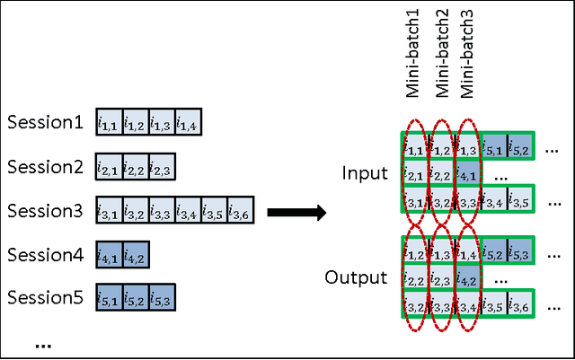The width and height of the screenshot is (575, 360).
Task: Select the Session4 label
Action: click(x=45, y=254)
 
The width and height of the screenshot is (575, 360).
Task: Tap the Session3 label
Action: click(x=45, y=211)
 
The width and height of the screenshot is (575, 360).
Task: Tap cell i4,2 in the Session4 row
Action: click(x=135, y=255)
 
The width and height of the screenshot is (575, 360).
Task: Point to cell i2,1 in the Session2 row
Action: click(x=109, y=167)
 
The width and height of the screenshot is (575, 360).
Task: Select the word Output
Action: click(x=357, y=277)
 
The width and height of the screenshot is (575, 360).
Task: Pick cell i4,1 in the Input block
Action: click(x=467, y=172)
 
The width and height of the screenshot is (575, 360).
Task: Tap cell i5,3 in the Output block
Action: click(x=519, y=255)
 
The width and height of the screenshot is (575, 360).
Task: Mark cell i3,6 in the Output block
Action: click(x=519, y=308)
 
